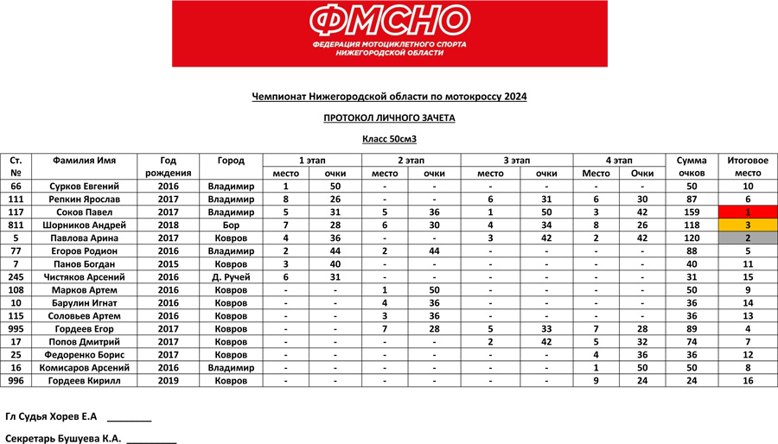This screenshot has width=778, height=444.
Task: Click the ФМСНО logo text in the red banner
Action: (389, 20)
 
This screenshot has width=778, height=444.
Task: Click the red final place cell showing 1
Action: (747, 212)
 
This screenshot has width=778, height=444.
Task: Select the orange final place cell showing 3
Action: (747, 225)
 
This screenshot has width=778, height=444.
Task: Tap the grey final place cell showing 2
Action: (747, 238)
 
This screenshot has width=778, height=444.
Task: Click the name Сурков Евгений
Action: (83, 186)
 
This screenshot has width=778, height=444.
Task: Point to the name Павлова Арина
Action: (83, 238)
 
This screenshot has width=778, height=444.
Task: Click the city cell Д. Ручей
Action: (231, 277)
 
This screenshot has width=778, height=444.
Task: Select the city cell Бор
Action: (231, 225)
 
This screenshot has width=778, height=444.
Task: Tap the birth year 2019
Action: (168, 381)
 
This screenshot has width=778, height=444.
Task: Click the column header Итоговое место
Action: (747, 167)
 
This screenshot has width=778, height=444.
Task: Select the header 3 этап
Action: (510, 161)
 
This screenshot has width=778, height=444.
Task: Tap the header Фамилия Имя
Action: (83, 161)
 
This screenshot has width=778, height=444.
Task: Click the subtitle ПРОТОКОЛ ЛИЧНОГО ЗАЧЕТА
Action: (389, 117)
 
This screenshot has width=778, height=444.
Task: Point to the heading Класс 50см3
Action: (389, 138)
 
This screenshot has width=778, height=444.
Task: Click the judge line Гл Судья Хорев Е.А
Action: (49, 416)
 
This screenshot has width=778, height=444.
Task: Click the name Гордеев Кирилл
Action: (83, 381)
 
